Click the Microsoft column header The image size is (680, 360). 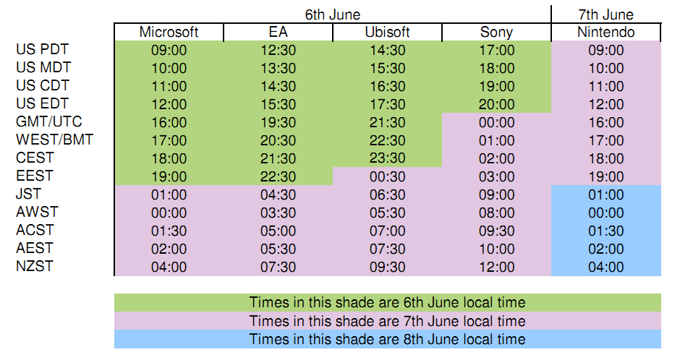click(x=169, y=32)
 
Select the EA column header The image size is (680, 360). click(x=278, y=32)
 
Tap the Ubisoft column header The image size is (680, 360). click(x=387, y=32)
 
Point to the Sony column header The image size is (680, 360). click(x=496, y=32)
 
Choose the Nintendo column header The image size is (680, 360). click(x=605, y=32)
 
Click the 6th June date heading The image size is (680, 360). click(x=333, y=14)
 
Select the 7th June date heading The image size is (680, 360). click(x=605, y=14)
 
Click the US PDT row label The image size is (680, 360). click(x=43, y=49)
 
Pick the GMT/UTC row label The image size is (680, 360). click(x=49, y=121)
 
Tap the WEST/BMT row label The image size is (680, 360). click(x=55, y=140)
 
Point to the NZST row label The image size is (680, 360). click(x=35, y=266)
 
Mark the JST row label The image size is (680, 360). click(x=29, y=194)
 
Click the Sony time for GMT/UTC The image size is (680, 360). click(x=496, y=122)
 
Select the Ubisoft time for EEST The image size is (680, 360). click(x=387, y=176)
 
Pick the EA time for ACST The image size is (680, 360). click(x=278, y=231)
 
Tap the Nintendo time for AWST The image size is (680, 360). click(x=605, y=213)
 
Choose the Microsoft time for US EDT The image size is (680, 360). click(x=169, y=104)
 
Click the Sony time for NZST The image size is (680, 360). click(x=496, y=267)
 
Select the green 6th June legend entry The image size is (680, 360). click(x=387, y=302)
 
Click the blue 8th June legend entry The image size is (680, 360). click(x=387, y=339)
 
